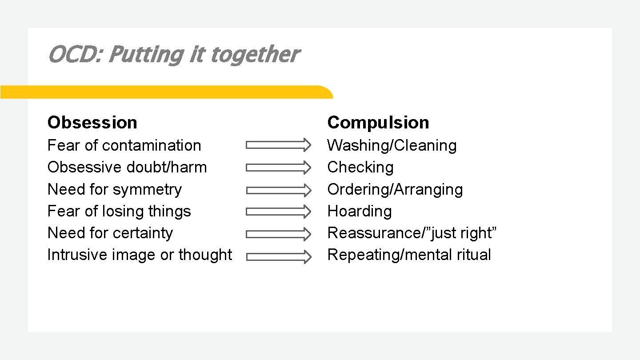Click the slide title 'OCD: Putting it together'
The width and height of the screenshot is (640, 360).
(173, 55)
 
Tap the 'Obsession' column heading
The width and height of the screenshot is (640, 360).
(92, 122)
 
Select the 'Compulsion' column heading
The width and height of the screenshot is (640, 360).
(378, 122)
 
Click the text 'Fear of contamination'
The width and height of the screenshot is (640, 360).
(124, 145)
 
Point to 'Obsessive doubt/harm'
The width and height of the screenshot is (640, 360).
(127, 167)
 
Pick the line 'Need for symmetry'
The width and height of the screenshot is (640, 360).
(115, 189)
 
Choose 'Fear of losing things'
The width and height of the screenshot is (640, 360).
(119, 211)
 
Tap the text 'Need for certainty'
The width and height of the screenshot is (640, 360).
(110, 233)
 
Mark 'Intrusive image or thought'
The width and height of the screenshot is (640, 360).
(140, 255)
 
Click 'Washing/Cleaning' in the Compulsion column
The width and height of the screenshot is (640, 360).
(392, 145)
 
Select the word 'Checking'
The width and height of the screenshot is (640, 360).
(360, 167)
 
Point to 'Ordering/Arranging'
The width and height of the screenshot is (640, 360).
(395, 189)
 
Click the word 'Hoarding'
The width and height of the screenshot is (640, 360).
(360, 211)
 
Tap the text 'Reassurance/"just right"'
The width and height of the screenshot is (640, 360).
(412, 233)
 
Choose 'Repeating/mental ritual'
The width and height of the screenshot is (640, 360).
(409, 255)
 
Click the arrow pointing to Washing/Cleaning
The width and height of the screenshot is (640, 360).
(279, 144)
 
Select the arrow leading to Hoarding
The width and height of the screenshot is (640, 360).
(279, 212)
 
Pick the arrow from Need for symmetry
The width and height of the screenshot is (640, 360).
(279, 190)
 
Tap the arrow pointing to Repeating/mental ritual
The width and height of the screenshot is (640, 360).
(279, 256)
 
